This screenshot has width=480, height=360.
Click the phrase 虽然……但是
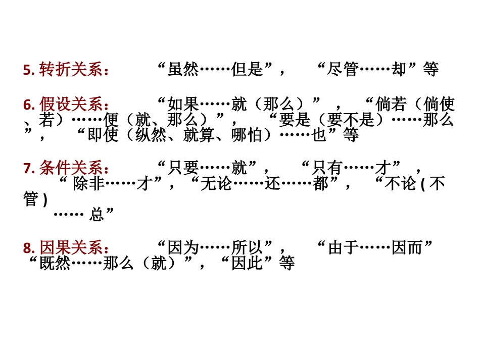click(x=216, y=70)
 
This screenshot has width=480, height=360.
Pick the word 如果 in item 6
click(x=183, y=105)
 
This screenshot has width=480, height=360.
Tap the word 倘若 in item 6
click(x=391, y=105)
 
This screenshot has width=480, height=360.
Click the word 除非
click(x=89, y=184)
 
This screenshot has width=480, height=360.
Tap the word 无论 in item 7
click(x=216, y=184)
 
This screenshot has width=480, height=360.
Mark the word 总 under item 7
click(x=96, y=215)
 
